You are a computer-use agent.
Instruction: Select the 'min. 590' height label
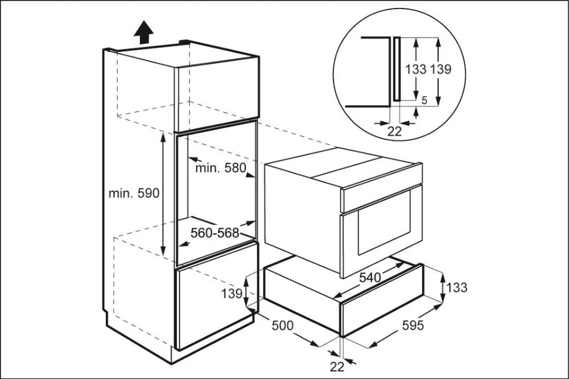(x=134, y=193)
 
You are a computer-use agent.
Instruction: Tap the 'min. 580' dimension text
(x=220, y=168)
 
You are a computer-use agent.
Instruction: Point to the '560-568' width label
(x=215, y=233)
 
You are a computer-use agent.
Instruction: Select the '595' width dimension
(x=413, y=326)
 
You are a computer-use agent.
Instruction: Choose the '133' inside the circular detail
(x=416, y=69)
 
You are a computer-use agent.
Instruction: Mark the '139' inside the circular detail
(x=440, y=69)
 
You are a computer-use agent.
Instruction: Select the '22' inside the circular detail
(x=394, y=131)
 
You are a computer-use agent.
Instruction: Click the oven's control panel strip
(x=381, y=194)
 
